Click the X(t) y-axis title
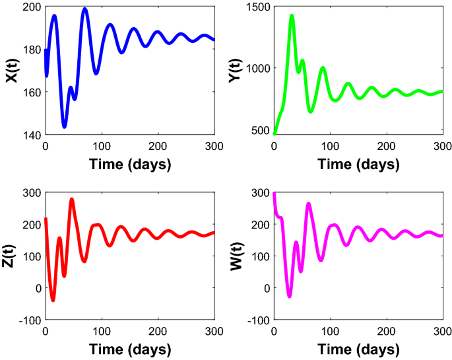[11, 71]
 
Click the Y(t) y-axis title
[240, 71]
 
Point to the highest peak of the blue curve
[84, 9]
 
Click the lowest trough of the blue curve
[64, 126]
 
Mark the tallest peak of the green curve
[292, 15]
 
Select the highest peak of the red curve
[72, 199]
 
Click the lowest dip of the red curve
[53, 301]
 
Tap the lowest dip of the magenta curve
[288, 296]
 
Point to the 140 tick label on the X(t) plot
[31, 135]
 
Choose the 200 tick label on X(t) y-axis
[31, 7]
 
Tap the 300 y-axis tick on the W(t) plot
[259, 192]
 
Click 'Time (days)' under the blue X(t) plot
[129, 164]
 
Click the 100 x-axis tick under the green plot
[330, 146]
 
